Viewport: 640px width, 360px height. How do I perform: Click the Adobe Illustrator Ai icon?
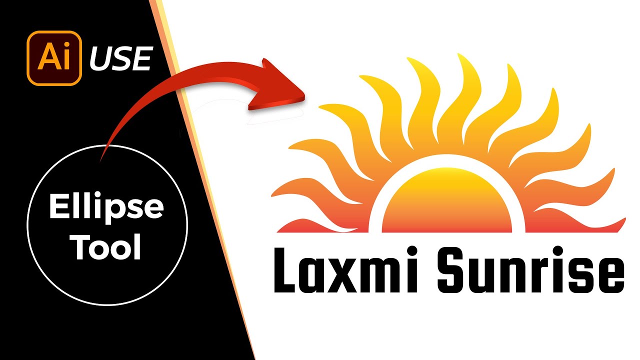point(54,58)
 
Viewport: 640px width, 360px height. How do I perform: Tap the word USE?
point(120,59)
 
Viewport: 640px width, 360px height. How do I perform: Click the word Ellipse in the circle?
point(106,207)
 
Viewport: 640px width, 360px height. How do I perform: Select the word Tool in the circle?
point(106,247)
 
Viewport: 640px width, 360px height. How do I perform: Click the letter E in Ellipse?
point(57,207)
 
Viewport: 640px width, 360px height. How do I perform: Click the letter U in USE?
point(99,59)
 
